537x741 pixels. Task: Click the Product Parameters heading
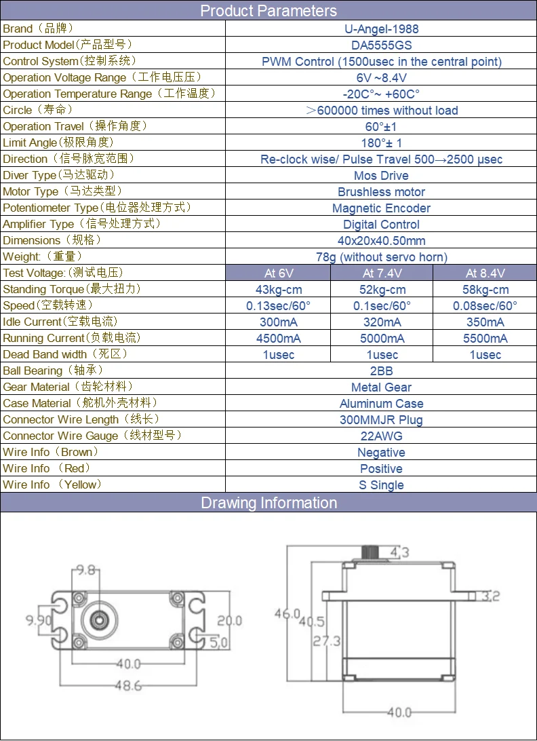(268, 11)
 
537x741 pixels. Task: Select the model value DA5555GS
(381, 45)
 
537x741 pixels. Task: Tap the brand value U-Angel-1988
(381, 29)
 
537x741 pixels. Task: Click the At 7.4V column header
(382, 273)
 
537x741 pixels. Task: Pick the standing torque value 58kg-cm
(485, 290)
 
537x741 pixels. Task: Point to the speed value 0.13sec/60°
(278, 306)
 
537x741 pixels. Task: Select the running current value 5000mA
(382, 339)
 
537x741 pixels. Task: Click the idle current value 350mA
(485, 322)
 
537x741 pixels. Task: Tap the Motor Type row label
(63, 191)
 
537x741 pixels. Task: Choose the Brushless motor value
(381, 192)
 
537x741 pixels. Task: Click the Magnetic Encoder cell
(381, 208)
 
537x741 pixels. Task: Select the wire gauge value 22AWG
(381, 436)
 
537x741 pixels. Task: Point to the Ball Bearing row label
(42, 370)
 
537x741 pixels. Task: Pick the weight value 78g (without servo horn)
(381, 257)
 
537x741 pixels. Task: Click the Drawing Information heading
(268, 503)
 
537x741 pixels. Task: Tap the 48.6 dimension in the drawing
(127, 685)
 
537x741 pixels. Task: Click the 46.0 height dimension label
(287, 613)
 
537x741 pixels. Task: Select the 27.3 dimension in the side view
(327, 641)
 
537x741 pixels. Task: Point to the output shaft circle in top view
(99, 618)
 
